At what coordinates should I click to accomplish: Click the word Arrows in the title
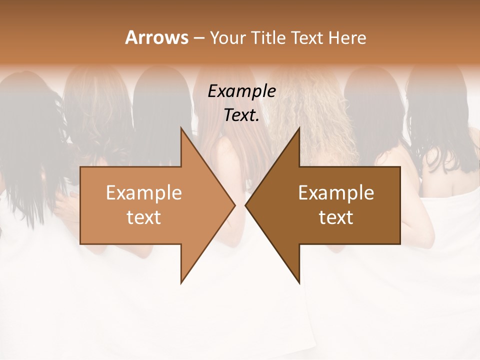coord(156,37)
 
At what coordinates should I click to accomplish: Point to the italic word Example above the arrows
coord(241,91)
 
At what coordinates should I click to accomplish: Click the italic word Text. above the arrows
coord(241,115)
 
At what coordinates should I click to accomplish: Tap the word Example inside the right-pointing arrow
coord(144,192)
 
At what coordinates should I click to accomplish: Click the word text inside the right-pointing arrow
coord(144,217)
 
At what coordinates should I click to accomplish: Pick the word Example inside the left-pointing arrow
coord(336,192)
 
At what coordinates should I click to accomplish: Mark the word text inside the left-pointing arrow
coord(336,217)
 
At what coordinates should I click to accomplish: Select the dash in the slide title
coord(198,38)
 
